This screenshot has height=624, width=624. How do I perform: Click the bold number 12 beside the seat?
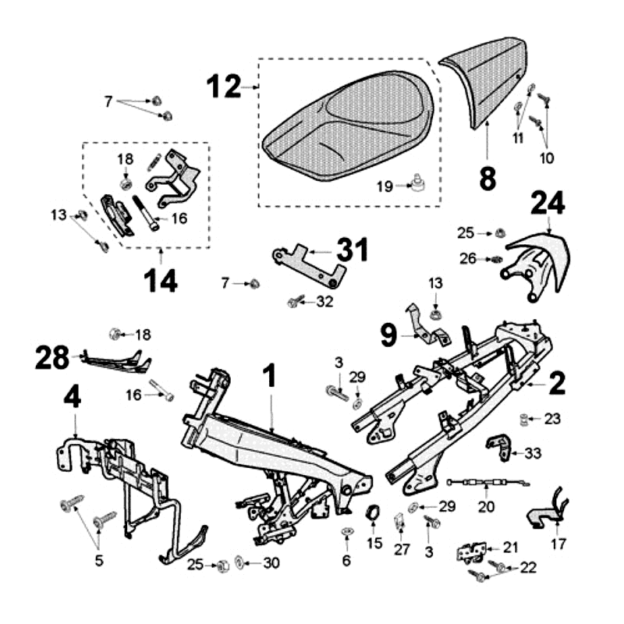coord(224,87)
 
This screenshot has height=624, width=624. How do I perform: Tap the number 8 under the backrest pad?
coord(487,179)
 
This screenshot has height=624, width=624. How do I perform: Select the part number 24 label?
coord(548,205)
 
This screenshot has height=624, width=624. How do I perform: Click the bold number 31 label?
coord(352,251)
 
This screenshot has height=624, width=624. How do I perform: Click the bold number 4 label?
coord(72,398)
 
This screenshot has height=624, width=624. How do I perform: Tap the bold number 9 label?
coord(389,337)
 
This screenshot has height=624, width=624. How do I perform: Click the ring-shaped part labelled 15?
coord(374,514)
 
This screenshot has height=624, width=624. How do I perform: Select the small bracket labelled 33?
coord(498,446)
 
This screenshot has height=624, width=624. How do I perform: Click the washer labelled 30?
coord(239,563)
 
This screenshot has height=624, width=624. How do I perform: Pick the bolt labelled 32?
coord(294,302)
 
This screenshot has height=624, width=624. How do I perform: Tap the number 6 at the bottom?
coord(347,560)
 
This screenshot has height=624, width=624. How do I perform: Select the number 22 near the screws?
coord(528,568)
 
